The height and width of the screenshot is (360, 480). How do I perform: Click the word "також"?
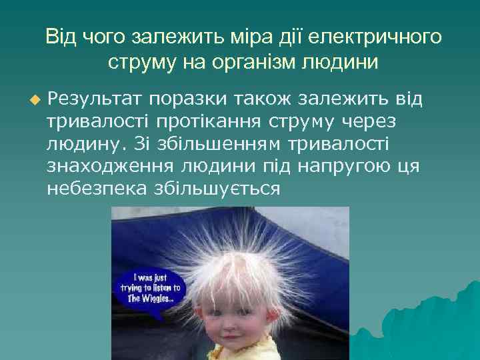point(265,100)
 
